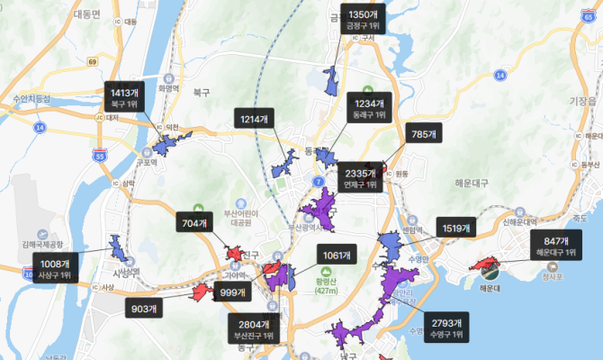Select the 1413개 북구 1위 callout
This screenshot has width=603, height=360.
(124, 99)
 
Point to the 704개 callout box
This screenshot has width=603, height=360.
(195, 225)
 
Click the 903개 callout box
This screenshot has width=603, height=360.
(145, 309)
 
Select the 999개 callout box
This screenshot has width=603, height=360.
(233, 293)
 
